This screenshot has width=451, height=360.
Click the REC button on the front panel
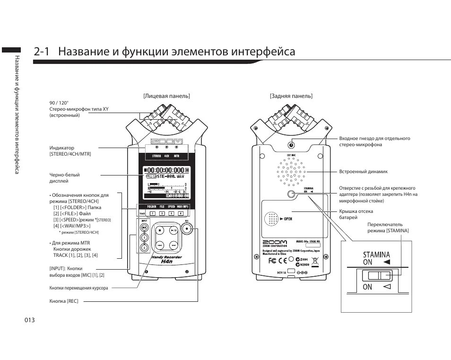coord(189,229)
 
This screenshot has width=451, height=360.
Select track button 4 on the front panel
coord(181,213)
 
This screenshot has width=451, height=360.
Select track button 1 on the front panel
coord(152,213)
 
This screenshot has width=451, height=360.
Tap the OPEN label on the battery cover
coord(288,219)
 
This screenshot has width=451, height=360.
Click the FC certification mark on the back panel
coord(273,260)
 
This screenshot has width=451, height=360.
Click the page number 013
coord(30,320)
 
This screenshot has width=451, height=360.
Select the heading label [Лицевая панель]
coord(166,96)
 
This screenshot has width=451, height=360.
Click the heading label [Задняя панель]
coord(291,96)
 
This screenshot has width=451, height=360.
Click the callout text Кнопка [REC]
coord(64,301)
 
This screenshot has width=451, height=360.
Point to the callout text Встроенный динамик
coord(363,172)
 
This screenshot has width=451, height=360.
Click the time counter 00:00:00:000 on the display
coord(165,170)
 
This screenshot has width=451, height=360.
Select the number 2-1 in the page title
coord(43,52)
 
